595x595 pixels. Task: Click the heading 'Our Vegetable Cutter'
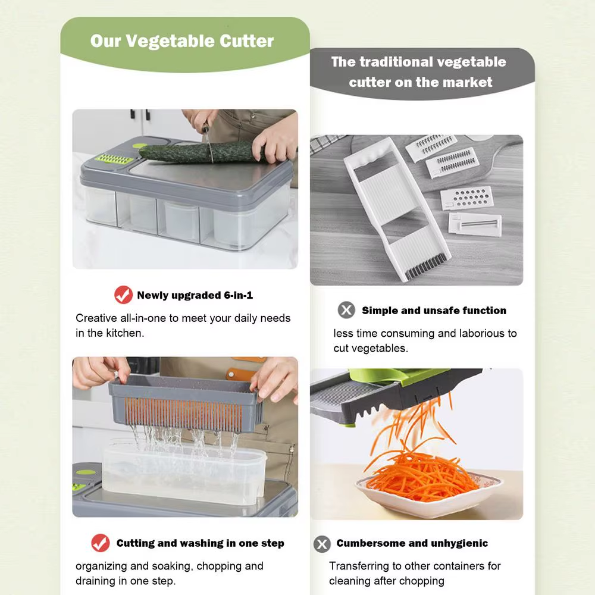coord(182,41)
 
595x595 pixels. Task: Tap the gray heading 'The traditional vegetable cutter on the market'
coord(419,71)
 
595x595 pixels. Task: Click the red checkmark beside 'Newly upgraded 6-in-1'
coord(123,295)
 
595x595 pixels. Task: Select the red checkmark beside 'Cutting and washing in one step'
coord(101,543)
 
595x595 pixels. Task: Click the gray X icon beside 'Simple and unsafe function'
coord(346,310)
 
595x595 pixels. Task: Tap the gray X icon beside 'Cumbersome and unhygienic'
coord(322,543)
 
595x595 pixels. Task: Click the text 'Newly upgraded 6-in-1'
coord(195,295)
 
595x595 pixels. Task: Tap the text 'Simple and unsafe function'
coord(434,311)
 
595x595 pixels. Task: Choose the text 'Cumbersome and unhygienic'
coord(412,543)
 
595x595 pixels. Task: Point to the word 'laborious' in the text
coord(470,333)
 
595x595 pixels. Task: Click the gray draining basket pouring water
coord(184,402)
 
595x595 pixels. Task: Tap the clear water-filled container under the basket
coord(184,473)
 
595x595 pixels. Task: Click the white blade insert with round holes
coord(468,197)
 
